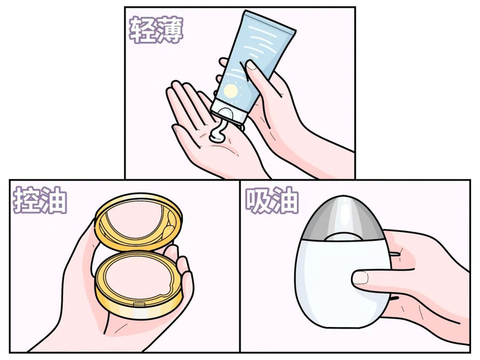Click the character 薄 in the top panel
point(169,29)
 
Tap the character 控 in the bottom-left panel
point(26,200)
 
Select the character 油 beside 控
point(53,200)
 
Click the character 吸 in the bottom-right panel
point(259,200)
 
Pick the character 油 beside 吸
point(285,200)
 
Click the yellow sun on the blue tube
point(231,91)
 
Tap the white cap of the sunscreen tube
point(228,111)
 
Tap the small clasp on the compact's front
point(139,304)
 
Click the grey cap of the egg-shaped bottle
point(342,216)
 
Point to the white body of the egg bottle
point(341,282)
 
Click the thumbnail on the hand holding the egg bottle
point(361,278)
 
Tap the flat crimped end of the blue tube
point(269,21)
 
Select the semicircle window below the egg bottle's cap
point(342,237)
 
